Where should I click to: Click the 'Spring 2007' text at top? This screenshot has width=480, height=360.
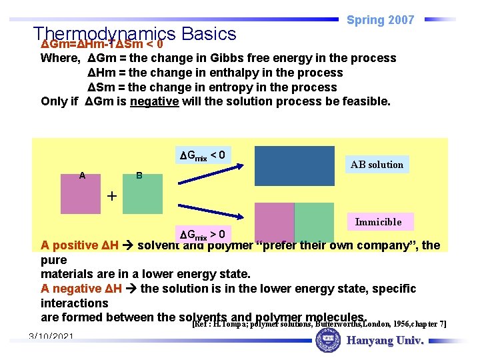coord(381,20)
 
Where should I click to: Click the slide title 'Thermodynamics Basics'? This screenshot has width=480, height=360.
coord(135,33)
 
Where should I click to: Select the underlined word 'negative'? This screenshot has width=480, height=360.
coord(154,101)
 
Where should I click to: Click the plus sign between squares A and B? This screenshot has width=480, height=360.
coord(111,196)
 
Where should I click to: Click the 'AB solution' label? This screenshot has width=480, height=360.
coord(377,165)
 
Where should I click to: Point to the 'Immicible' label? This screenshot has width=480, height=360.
coord(378,222)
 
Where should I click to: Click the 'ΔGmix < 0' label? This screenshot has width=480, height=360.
coord(202,156)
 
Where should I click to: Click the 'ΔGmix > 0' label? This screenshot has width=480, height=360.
coord(202,235)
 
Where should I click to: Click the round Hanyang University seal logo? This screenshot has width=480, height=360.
coord(327,342)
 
